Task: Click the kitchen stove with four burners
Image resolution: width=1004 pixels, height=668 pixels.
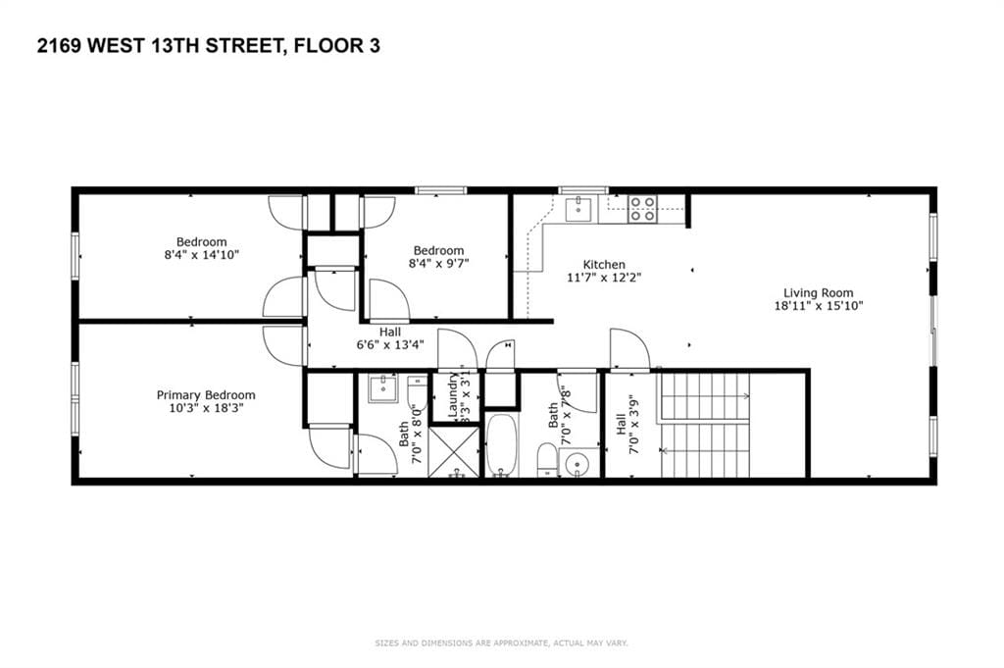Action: tap(642, 209)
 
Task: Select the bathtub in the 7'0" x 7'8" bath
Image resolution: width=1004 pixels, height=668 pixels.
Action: tap(501, 446)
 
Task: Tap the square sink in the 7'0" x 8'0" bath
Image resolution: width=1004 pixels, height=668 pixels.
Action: tap(381, 389)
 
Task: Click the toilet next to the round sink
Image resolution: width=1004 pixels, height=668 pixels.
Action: tap(547, 459)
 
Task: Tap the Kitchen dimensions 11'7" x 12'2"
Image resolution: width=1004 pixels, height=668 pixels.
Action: tap(604, 278)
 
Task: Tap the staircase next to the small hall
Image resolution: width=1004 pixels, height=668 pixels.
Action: tap(706, 424)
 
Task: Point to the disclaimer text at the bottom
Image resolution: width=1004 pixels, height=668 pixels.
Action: tap(501, 643)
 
